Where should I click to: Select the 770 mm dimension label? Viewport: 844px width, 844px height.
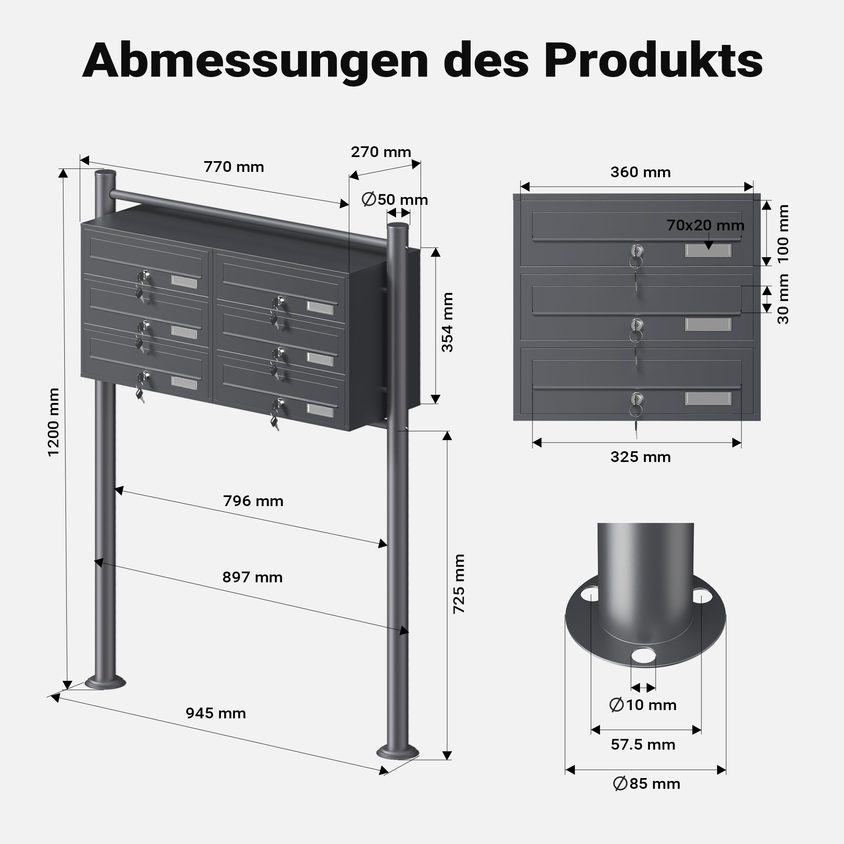coord(234,167)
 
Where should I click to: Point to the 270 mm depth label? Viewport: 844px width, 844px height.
coord(381,152)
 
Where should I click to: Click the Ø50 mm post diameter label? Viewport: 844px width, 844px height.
coord(395,199)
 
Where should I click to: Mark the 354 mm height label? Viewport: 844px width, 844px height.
coord(447,322)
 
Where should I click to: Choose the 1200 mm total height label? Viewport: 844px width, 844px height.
coord(53,422)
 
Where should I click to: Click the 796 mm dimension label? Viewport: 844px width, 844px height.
coord(253,501)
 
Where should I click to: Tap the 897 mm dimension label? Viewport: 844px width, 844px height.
coord(253,577)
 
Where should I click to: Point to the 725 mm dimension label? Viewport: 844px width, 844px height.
coord(459,584)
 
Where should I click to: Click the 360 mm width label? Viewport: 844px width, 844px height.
coord(640,172)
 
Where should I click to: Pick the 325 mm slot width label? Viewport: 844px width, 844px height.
coord(640,457)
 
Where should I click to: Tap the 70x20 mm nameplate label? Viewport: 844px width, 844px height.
coord(705,225)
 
